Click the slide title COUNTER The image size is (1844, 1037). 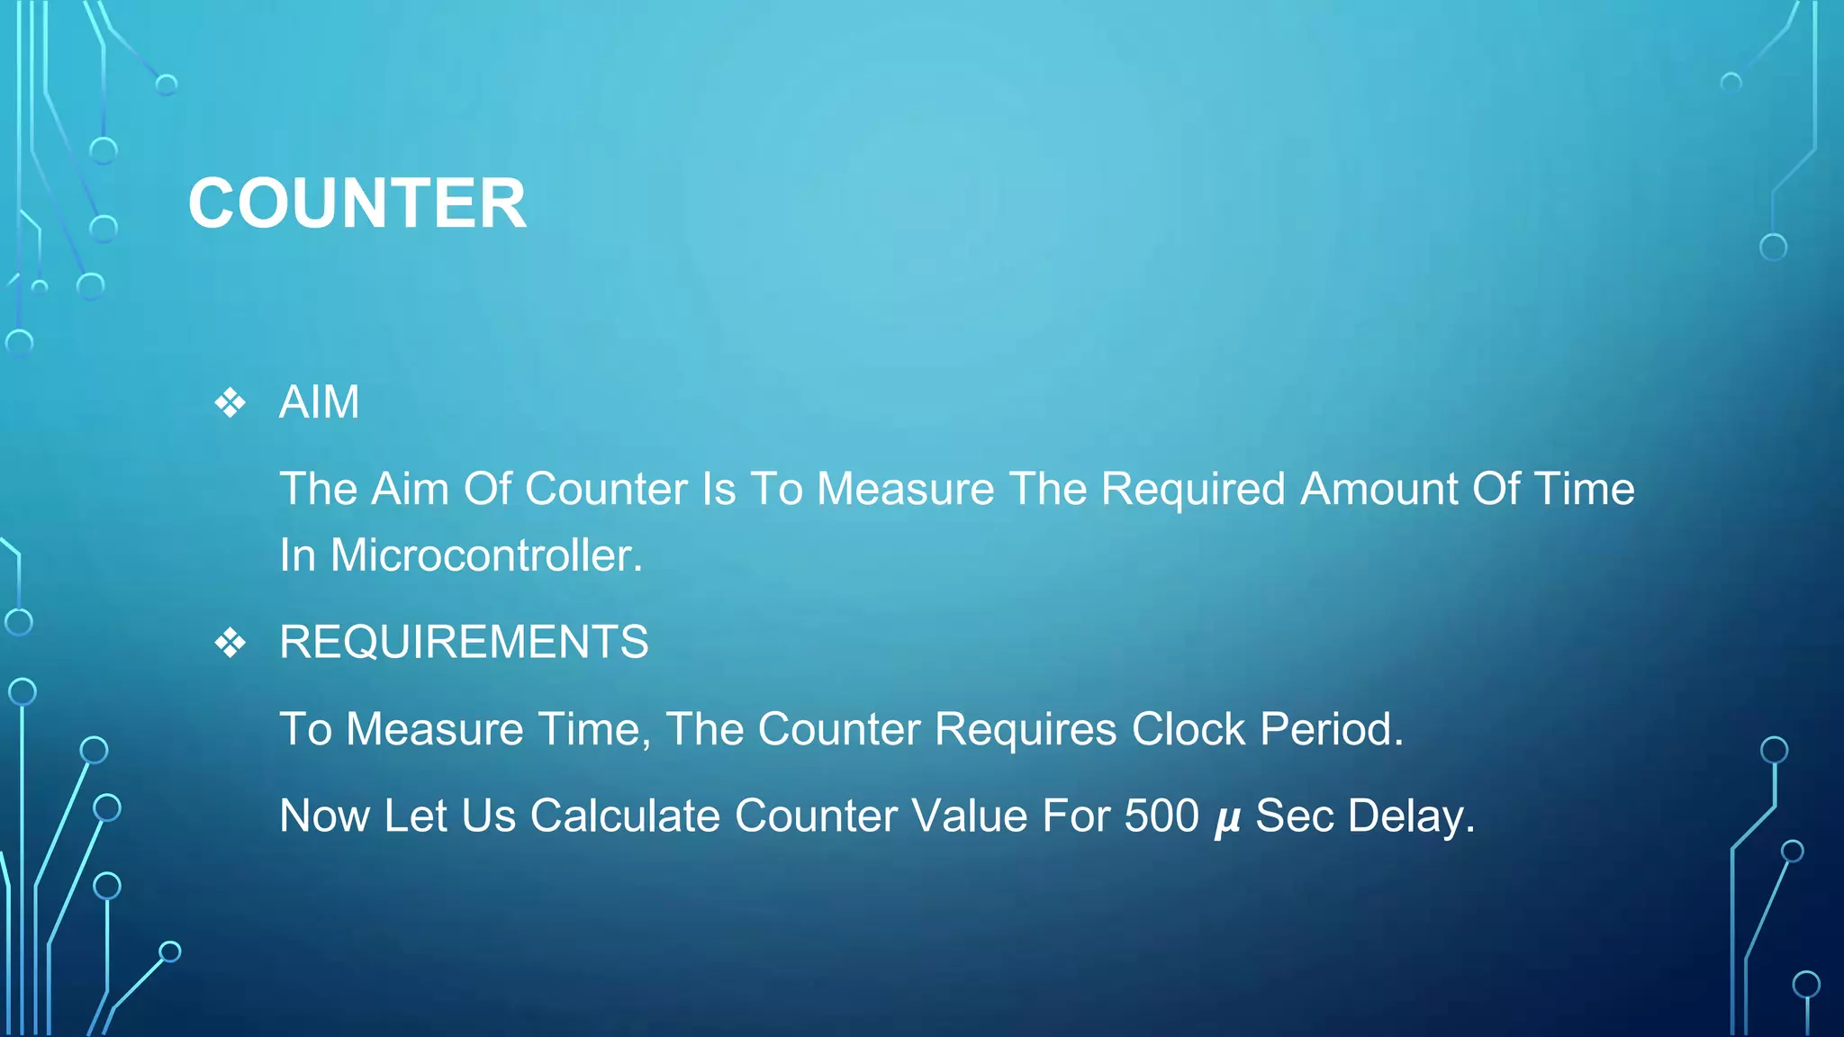[x=357, y=203]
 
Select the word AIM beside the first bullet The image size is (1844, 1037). [x=319, y=401]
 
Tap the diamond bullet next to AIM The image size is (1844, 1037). [x=230, y=402]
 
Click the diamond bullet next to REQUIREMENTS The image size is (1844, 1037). [x=230, y=643]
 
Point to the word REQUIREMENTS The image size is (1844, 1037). [x=464, y=642]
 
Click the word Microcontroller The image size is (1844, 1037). [x=486, y=555]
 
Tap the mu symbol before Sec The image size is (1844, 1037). [x=1227, y=819]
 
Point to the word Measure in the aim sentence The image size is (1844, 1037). [x=905, y=489]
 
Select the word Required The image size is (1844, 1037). [x=1193, y=489]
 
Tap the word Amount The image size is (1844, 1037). [x=1379, y=489]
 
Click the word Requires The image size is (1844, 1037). [x=1026, y=728]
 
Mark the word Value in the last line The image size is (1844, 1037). [x=969, y=816]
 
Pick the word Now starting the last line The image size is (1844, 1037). [x=325, y=816]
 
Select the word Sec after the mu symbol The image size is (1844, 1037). [x=1293, y=816]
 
